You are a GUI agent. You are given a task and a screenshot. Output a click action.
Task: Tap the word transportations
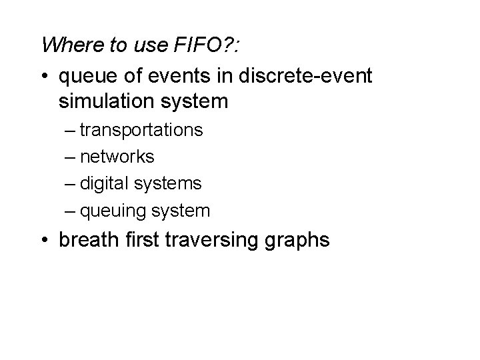[x=141, y=129]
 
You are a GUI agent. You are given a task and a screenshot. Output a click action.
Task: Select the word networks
[x=117, y=157]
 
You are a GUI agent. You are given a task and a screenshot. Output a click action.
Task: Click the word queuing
[x=112, y=212]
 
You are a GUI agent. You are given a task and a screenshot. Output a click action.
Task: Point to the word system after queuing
[x=180, y=212]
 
